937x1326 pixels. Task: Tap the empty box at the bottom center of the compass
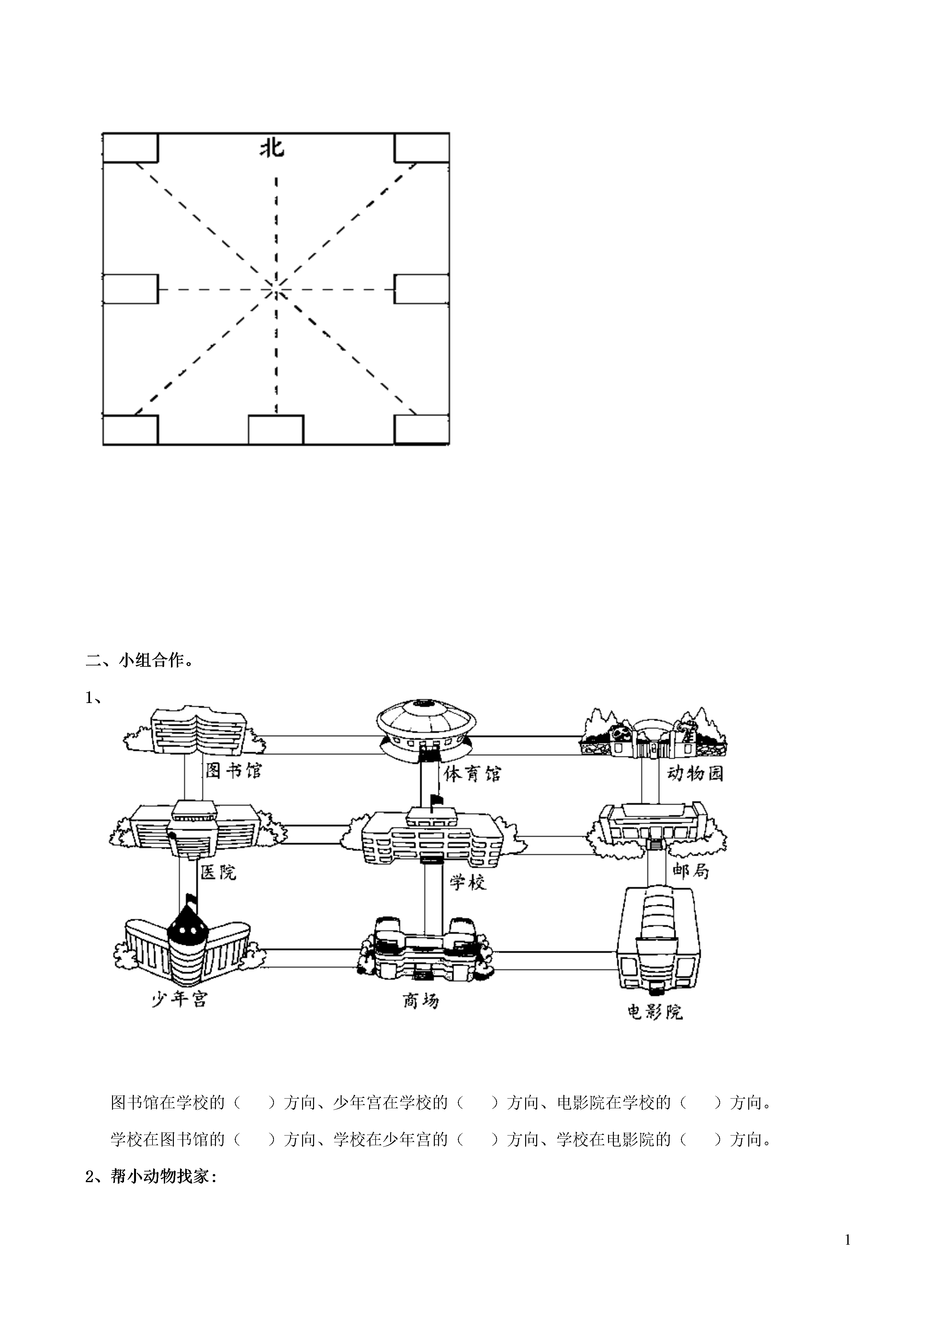tap(276, 430)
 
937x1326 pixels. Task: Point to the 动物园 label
tap(695, 773)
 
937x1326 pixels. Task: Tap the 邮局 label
tap(691, 870)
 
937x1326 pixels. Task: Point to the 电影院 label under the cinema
tap(655, 1011)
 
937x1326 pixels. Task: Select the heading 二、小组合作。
tap(140, 661)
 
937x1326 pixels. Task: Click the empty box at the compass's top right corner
tap(422, 147)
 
